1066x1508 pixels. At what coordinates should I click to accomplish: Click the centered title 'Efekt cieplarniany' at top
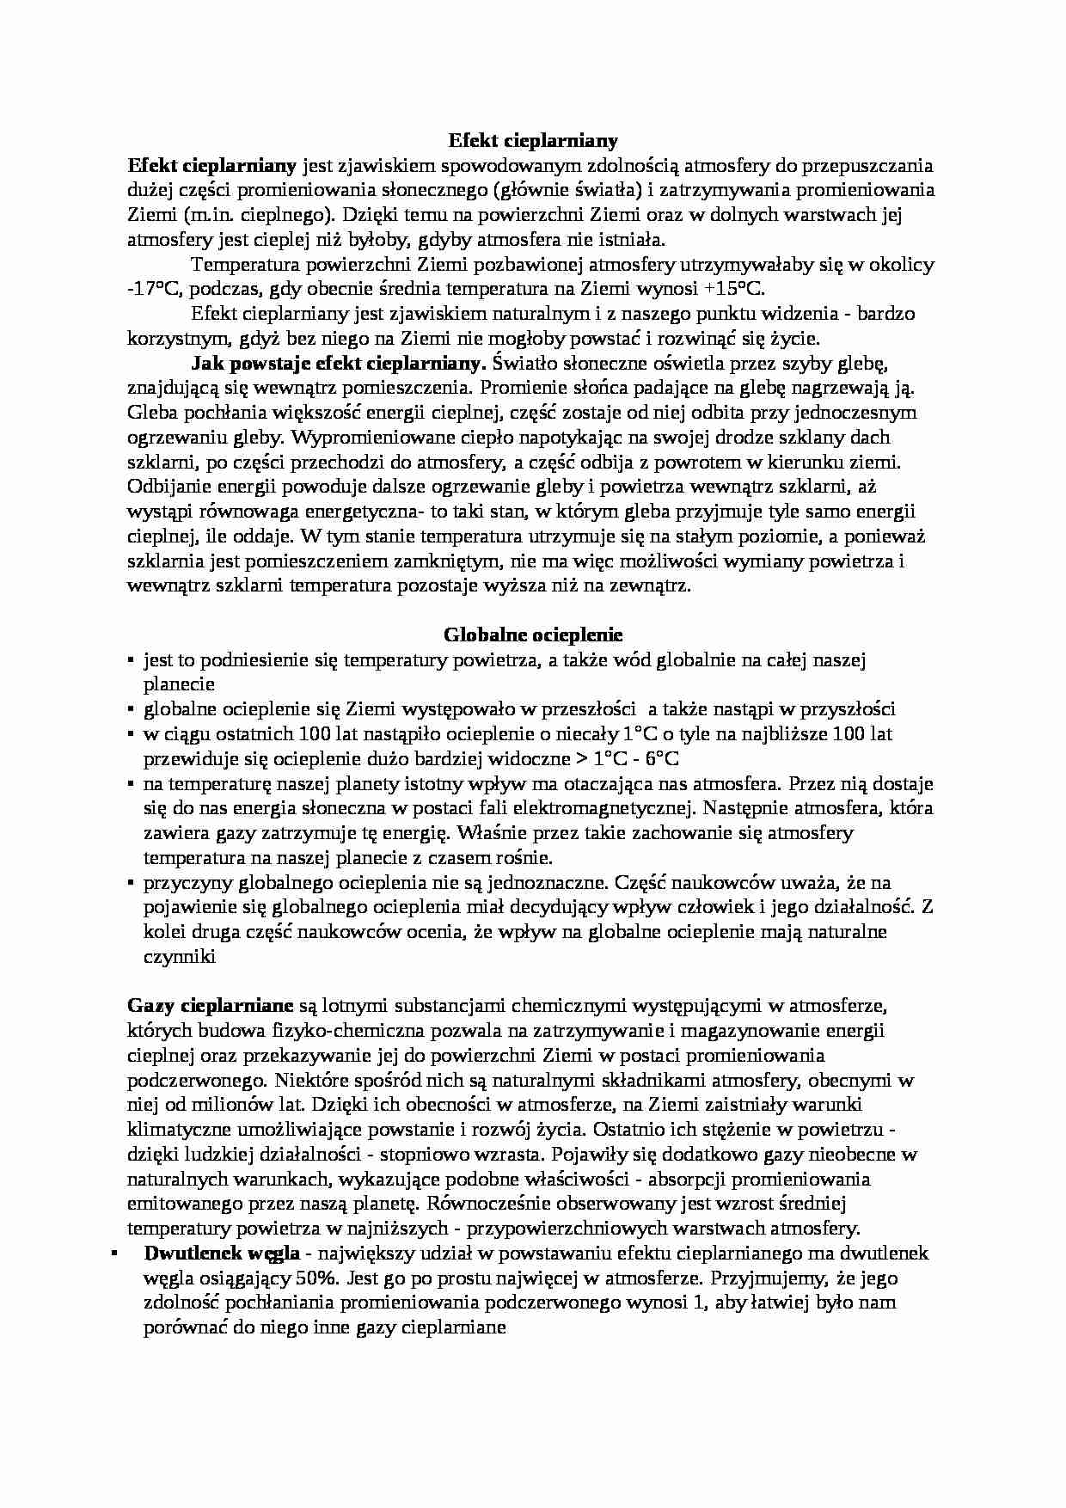click(533, 139)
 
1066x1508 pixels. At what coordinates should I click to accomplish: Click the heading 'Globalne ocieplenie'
click(533, 634)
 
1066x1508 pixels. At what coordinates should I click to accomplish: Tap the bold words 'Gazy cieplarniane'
click(211, 1005)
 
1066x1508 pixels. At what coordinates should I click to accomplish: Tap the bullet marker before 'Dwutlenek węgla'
click(114, 1253)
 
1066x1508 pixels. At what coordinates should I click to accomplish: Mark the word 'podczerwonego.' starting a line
click(187, 1080)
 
